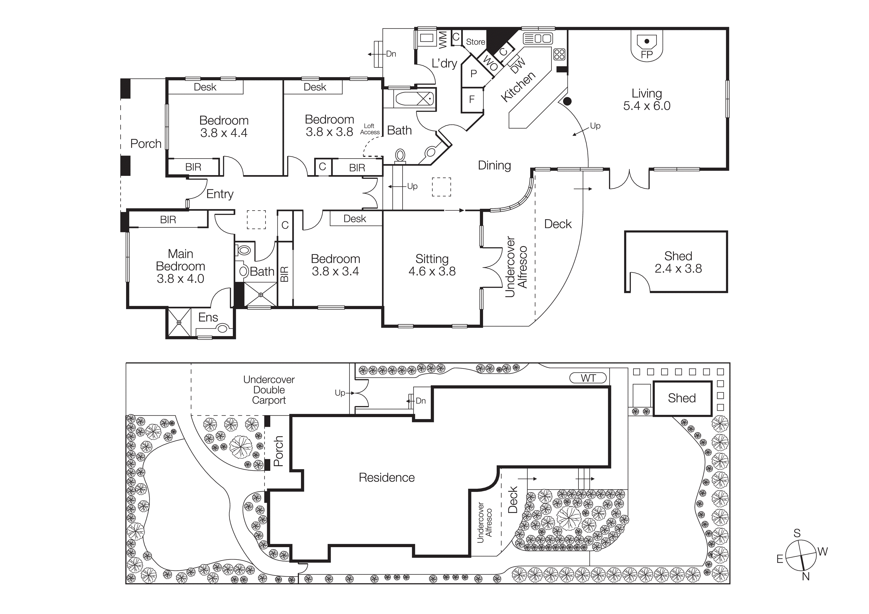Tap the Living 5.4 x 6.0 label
[647, 100]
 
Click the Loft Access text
[369, 129]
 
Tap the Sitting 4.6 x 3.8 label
[432, 265]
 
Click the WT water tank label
[588, 378]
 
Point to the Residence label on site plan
[386, 478]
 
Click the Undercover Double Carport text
[269, 390]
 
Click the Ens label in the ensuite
[208, 318]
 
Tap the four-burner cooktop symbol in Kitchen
[559, 54]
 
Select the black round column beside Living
[567, 101]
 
